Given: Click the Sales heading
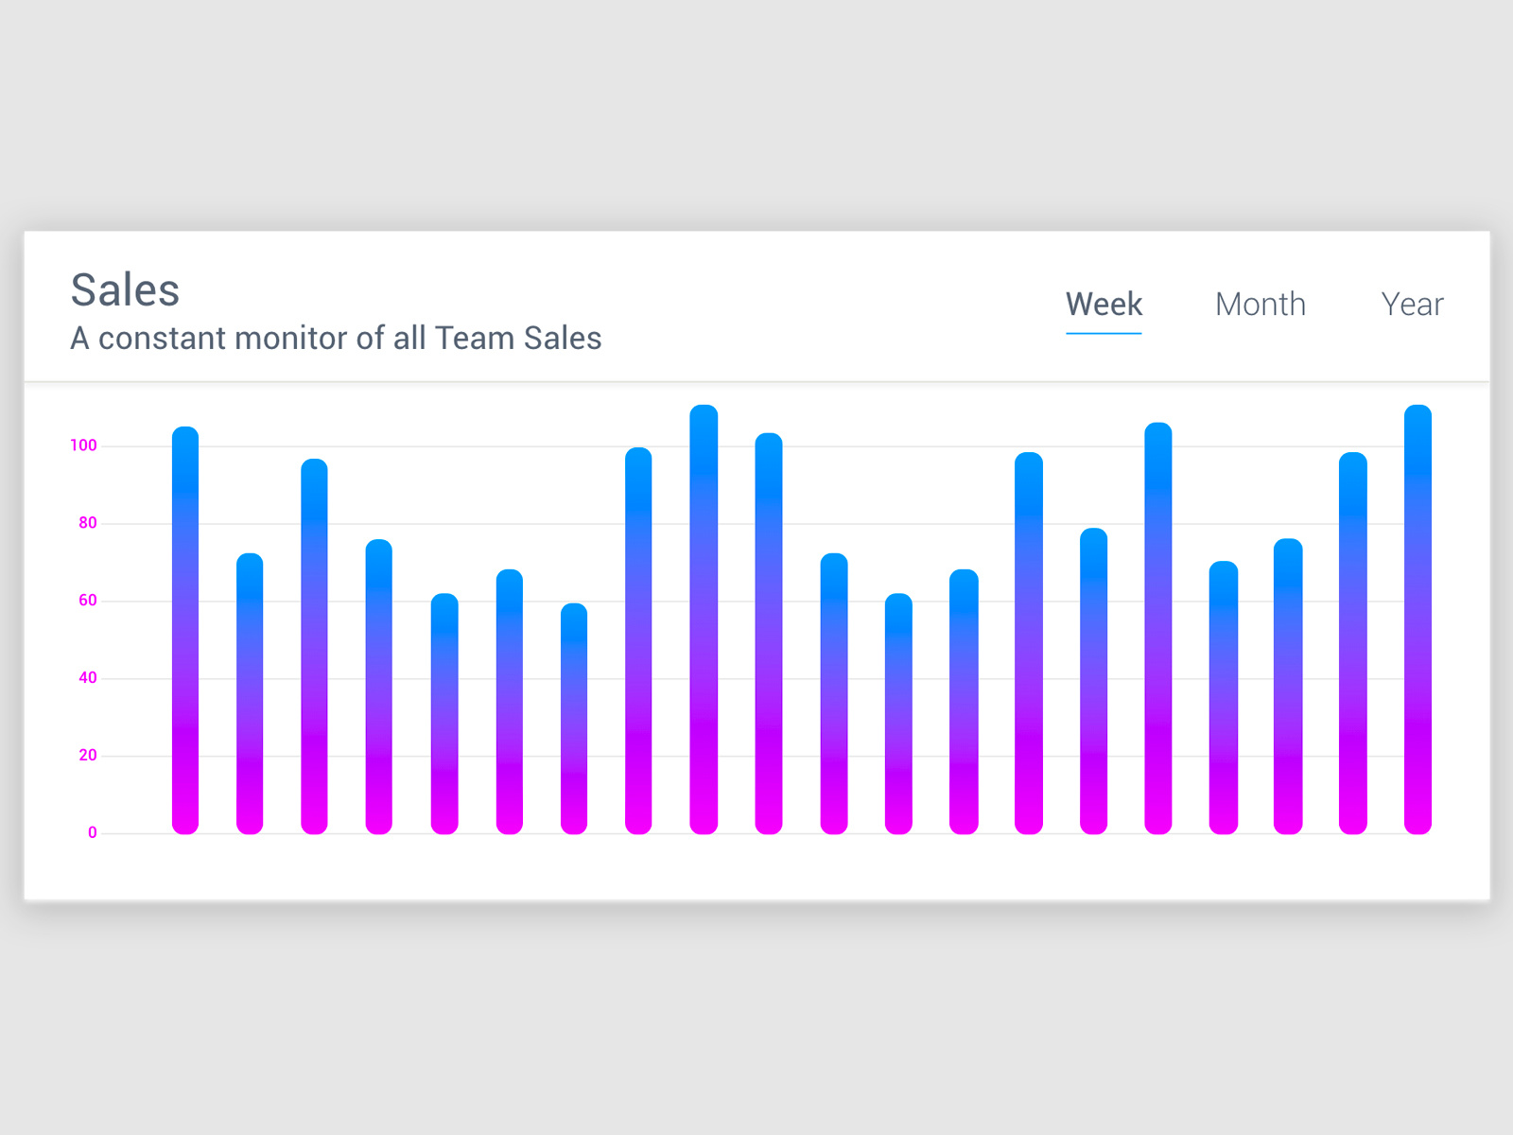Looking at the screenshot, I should pos(125,289).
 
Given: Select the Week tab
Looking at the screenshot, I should pos(1104,305).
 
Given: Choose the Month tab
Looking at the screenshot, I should pos(1260,305).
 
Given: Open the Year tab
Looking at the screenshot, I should pos(1412,305).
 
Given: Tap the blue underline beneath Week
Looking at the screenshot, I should pos(1104,333).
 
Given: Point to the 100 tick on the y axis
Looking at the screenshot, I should pos(83,445).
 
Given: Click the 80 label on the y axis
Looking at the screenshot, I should pos(87,523).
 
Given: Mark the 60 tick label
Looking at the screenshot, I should pos(87,601).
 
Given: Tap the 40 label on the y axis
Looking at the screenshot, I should pos(87,678).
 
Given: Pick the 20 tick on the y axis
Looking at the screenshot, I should pos(87,756).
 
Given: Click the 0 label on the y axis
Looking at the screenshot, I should pos(92,833).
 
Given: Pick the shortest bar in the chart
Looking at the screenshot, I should pos(574,719).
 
